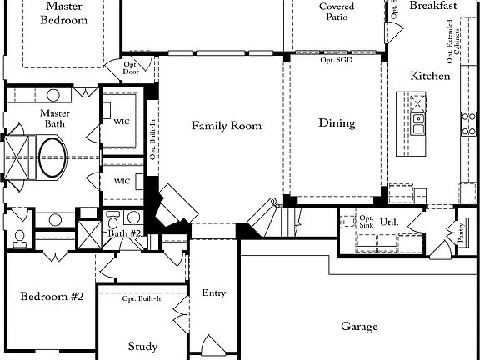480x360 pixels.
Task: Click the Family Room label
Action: tap(227, 126)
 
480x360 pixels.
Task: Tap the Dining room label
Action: tap(337, 123)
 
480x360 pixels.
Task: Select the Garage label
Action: tap(359, 327)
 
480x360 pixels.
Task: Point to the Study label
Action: tap(142, 346)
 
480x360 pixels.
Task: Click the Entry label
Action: tap(214, 292)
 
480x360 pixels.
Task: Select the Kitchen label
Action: tap(430, 76)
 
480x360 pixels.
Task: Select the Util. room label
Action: tap(389, 222)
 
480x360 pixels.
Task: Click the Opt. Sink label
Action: tap(366, 222)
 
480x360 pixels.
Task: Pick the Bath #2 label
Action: tap(124, 233)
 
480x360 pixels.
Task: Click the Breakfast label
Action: tap(433, 6)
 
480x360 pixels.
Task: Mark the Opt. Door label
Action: tap(131, 67)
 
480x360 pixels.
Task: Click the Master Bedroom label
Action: tap(62, 13)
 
